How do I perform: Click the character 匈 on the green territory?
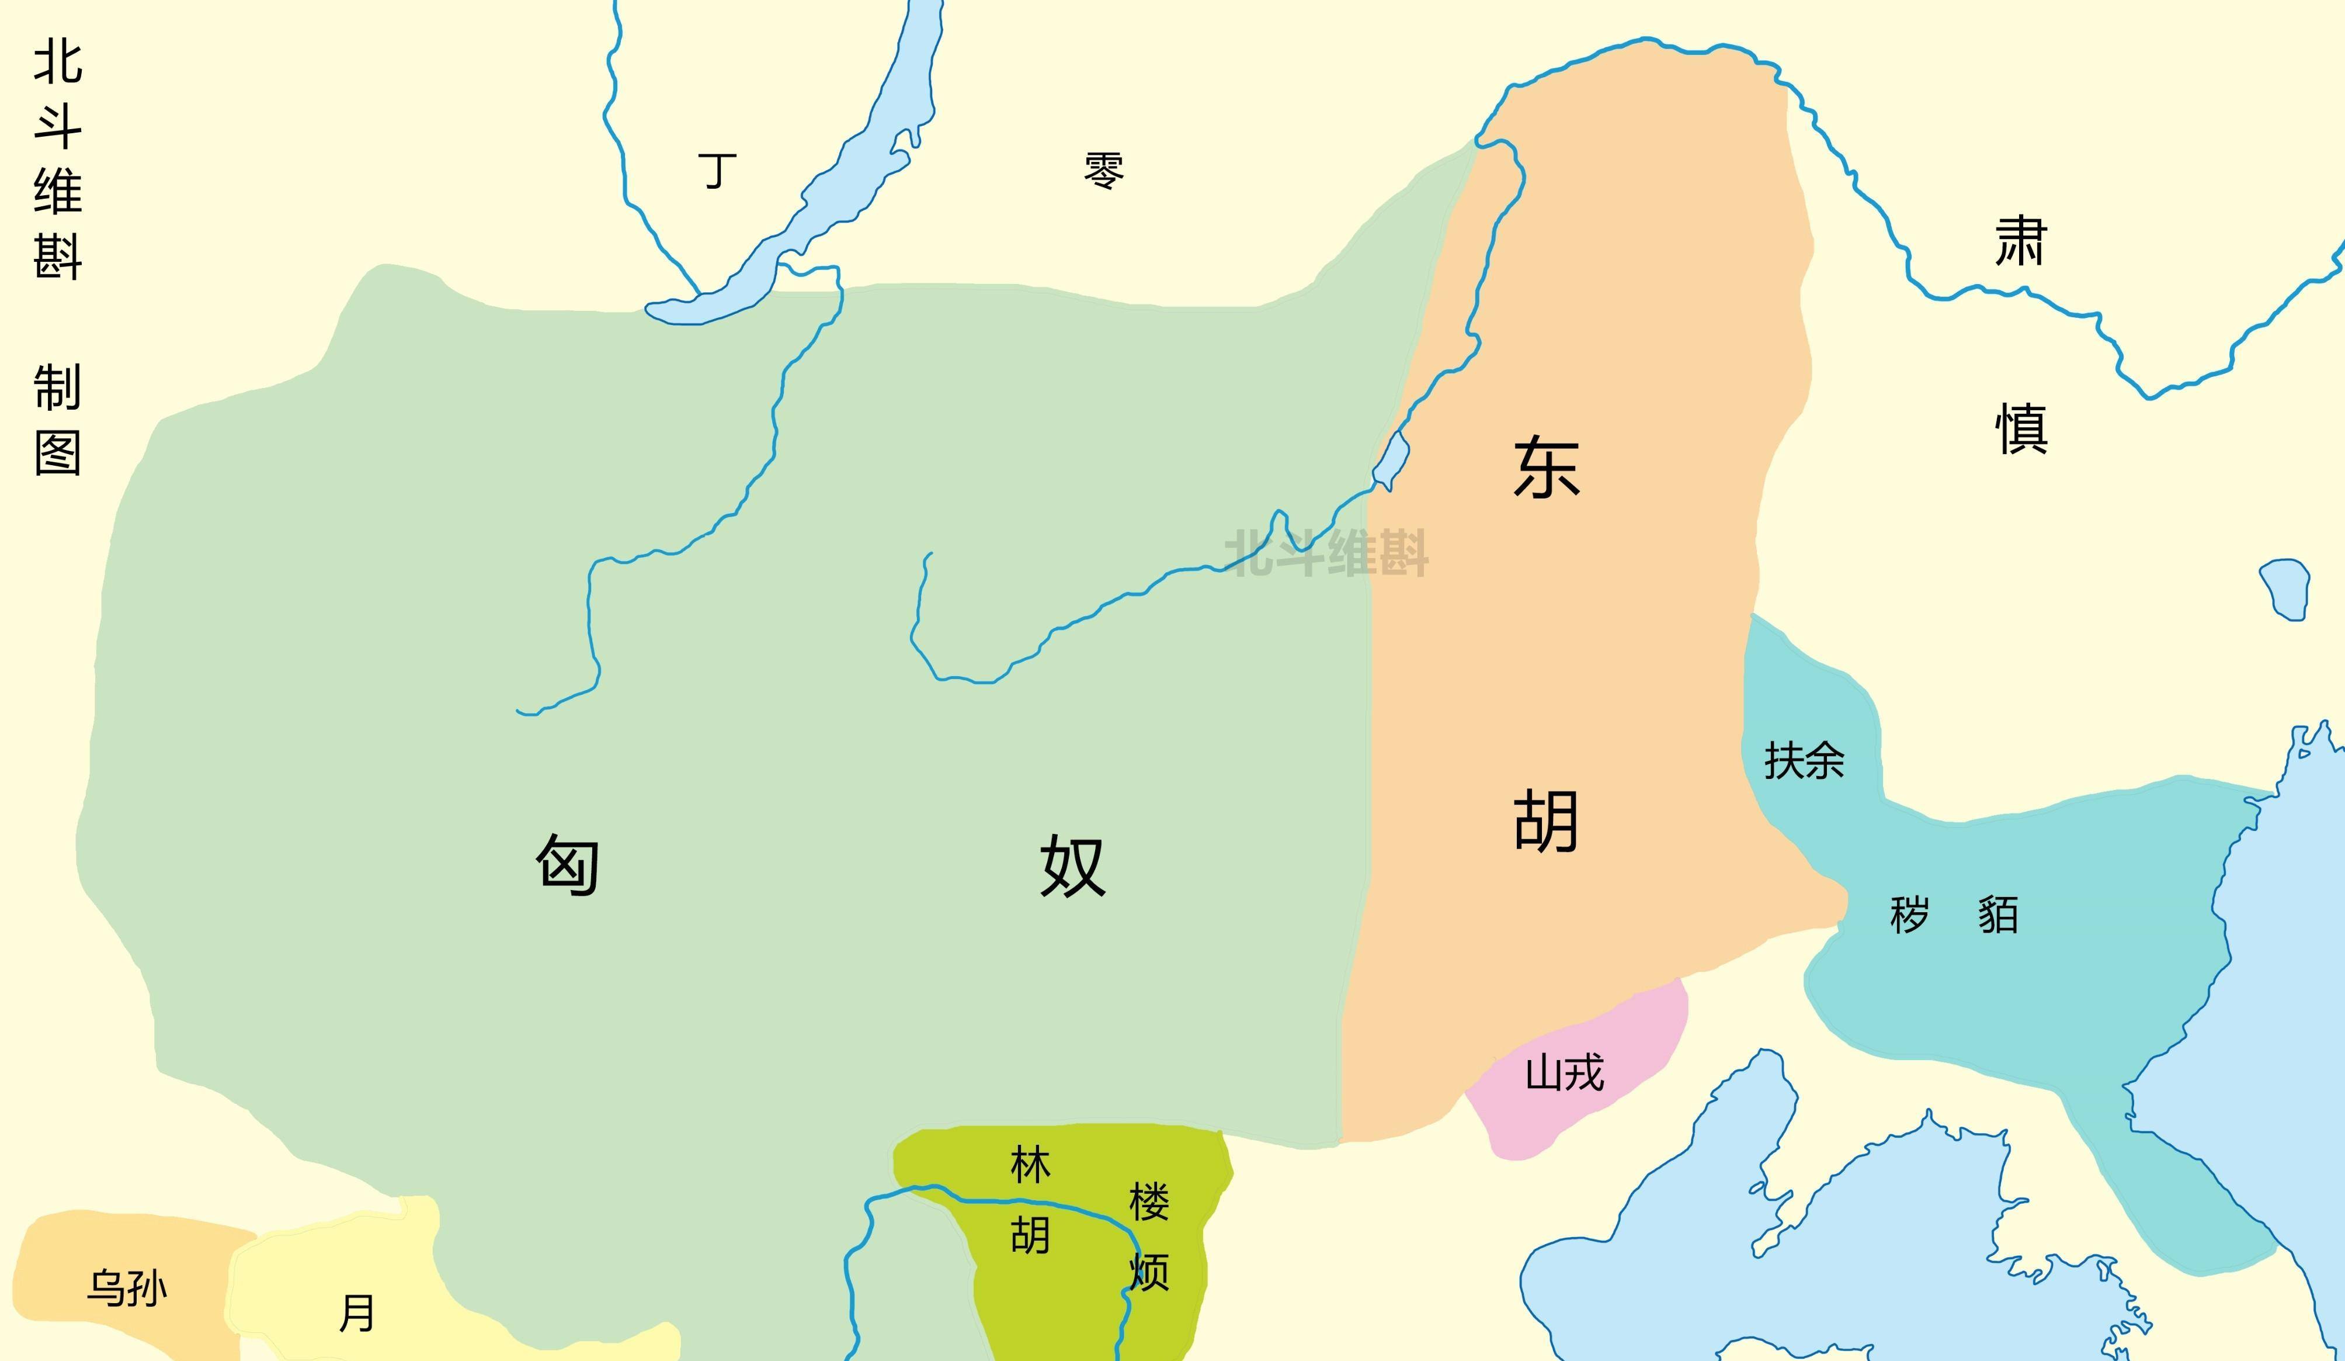(x=567, y=864)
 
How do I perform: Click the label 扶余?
(x=1804, y=761)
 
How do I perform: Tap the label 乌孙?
(x=127, y=1289)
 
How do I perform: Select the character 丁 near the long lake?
(x=717, y=171)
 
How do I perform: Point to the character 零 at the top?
(x=1104, y=171)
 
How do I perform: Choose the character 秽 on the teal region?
(x=1909, y=914)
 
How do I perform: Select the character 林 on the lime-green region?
(x=1030, y=1165)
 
